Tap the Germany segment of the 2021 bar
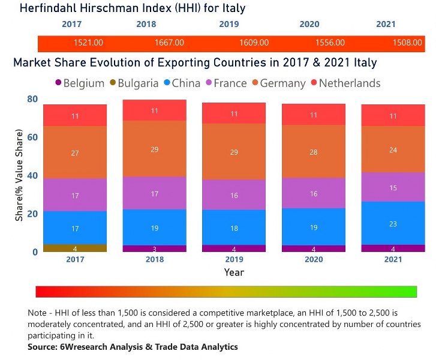(x=393, y=149)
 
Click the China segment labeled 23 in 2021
(x=393, y=223)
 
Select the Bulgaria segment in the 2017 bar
(x=75, y=248)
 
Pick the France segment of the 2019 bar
(x=234, y=195)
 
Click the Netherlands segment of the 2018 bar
(x=154, y=110)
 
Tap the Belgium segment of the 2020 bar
(x=314, y=248)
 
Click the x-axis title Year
(x=234, y=272)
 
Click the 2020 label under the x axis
(x=314, y=260)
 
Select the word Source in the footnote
(x=42, y=347)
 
